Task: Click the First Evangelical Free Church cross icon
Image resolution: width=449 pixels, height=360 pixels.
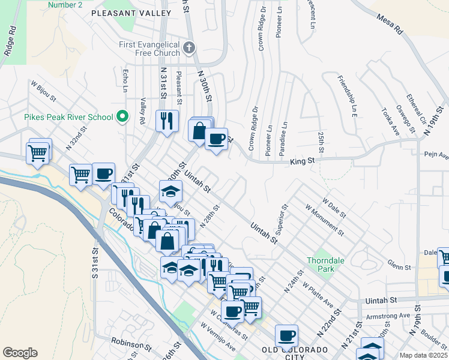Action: (189, 47)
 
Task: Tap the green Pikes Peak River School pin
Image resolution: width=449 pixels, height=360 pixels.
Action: (123, 116)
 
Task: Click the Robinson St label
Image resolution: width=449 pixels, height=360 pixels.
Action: (131, 344)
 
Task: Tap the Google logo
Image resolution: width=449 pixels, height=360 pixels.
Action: (20, 352)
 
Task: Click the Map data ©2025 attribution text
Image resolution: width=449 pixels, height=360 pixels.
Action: (424, 355)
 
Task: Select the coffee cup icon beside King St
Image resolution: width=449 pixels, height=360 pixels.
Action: (216, 139)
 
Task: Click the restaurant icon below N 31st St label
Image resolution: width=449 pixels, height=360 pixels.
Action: (167, 120)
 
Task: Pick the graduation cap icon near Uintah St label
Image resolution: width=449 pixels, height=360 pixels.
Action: (170, 191)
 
